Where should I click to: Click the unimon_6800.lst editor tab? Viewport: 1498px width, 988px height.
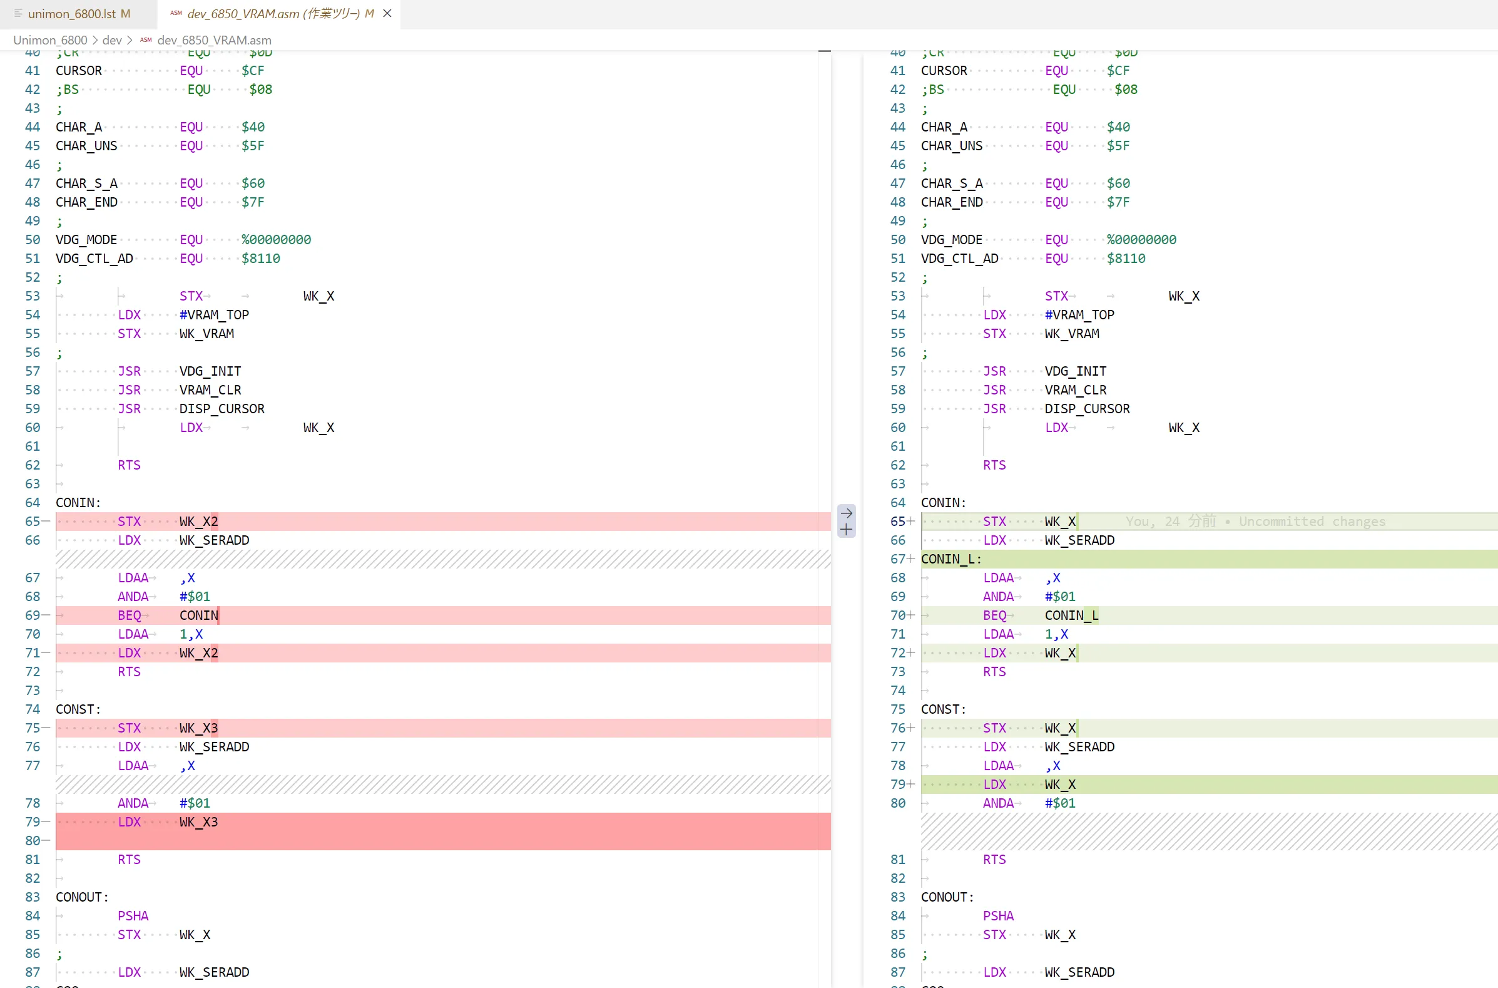tap(78, 13)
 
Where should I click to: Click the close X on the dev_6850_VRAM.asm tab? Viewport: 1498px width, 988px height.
tap(387, 13)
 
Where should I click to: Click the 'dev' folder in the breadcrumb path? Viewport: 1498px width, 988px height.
tap(112, 39)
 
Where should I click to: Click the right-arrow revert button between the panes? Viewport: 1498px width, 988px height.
tap(846, 513)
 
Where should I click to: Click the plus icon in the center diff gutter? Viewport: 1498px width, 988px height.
tap(846, 530)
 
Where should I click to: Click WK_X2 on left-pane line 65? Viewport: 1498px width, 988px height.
tap(198, 521)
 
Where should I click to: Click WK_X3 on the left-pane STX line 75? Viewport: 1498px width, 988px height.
tap(198, 728)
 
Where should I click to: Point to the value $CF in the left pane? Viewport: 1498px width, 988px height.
tap(253, 71)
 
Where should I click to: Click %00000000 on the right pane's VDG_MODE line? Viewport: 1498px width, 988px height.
tap(1141, 239)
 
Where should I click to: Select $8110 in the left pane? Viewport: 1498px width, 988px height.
tap(261, 259)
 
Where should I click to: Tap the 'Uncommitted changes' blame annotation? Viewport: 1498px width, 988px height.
tap(1312, 521)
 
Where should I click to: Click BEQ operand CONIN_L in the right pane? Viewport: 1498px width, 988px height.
tap(1072, 615)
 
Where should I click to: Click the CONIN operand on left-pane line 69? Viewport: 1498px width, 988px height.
tap(198, 615)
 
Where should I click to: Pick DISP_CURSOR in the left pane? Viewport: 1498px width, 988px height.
tap(222, 408)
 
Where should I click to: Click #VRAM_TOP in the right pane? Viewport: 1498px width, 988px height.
tap(1079, 314)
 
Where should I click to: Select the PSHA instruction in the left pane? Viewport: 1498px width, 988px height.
tap(133, 915)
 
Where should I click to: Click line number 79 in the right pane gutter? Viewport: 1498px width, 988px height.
tap(897, 784)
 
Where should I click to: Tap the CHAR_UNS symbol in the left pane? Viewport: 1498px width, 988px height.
tap(86, 145)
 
